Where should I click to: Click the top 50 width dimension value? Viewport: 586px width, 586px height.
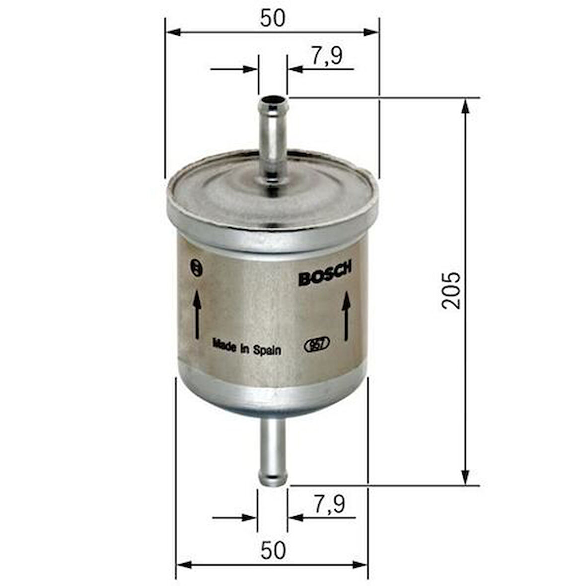pos(273,18)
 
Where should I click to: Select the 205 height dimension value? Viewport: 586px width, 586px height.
pos(451,291)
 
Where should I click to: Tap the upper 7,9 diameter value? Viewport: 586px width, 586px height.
pos(327,56)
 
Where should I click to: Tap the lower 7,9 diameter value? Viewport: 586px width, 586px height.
pos(329,505)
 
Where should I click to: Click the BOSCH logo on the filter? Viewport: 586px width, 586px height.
pos(325,274)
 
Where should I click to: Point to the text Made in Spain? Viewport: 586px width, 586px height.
pos(247,347)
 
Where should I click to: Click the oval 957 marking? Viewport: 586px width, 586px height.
pos(317,345)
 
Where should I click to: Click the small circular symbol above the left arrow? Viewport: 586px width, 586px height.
pos(197,268)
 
